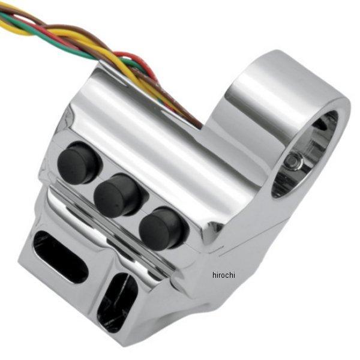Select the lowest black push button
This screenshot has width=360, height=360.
(162, 228)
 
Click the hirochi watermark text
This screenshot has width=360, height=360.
(224, 275)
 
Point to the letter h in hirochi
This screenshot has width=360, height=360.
(214, 275)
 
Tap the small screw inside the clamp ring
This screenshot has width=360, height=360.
(293, 161)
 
